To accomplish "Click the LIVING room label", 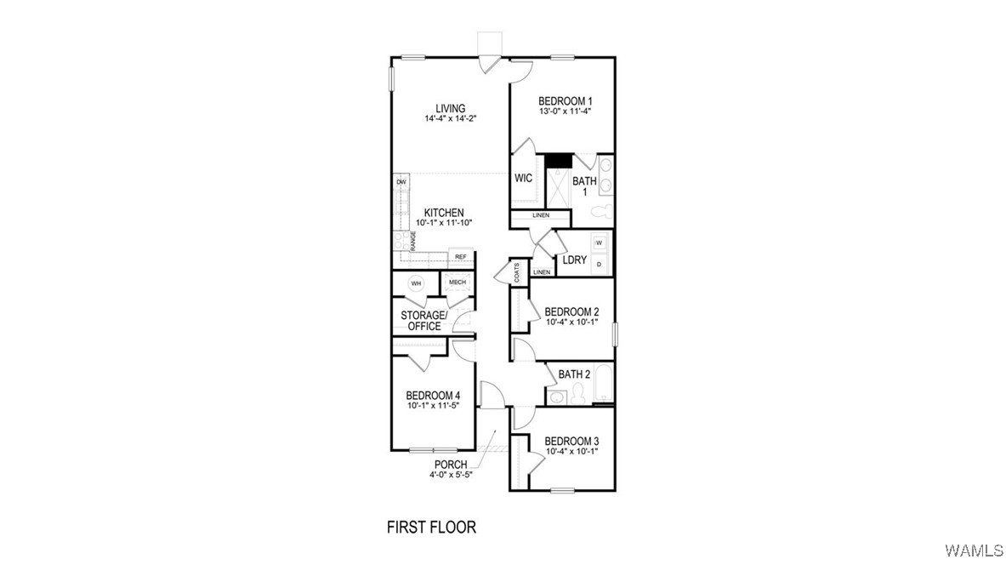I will click(x=451, y=109).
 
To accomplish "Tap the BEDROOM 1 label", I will click(x=565, y=100).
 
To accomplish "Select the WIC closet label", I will click(x=524, y=179).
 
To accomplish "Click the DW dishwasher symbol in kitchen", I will click(x=401, y=183).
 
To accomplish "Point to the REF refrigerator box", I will click(x=460, y=257).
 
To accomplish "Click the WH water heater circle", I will click(x=416, y=283).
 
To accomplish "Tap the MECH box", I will click(x=458, y=283).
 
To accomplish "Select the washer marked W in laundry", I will click(x=599, y=243).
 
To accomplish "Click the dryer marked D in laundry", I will click(x=599, y=265).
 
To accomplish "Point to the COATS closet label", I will click(x=517, y=272).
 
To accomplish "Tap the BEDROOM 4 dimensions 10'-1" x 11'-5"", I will click(x=433, y=406).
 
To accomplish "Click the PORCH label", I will click(x=451, y=465).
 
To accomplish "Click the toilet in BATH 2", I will click(x=577, y=392).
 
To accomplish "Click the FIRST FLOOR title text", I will click(x=432, y=528).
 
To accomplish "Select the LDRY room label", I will click(x=575, y=260).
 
